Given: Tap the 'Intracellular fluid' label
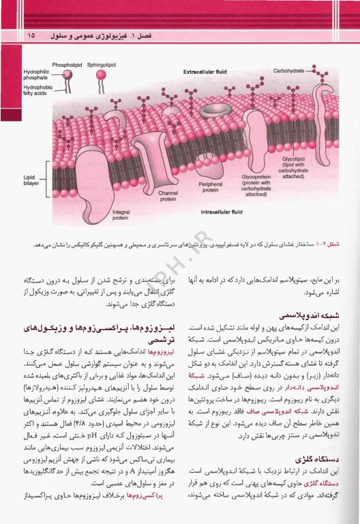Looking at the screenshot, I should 226,212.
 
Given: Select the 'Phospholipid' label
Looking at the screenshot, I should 67,65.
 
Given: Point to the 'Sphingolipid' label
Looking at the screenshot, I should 102,65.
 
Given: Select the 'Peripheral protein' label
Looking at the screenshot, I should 210,187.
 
